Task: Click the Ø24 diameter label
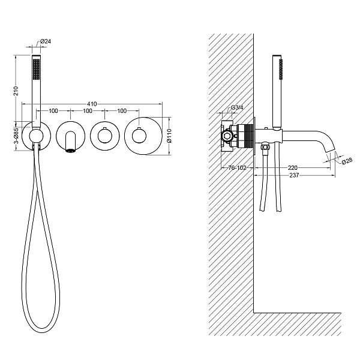pos(46,41)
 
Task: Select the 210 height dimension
pos(16,91)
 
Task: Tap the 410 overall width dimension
pos(92,104)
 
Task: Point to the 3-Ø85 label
pos(16,136)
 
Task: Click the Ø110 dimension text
pos(169,136)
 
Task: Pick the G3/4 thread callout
pos(237,107)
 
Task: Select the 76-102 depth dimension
pos(237,168)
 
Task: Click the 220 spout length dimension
pos(293,168)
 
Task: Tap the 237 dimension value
pos(294,175)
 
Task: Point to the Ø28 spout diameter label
pos(347,160)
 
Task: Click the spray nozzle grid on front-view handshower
pos(36,70)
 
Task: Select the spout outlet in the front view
pos(70,151)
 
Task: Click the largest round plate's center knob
pos(139,136)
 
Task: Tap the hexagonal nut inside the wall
pos(227,136)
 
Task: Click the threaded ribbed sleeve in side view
pos(247,136)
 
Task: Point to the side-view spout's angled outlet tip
pos(331,150)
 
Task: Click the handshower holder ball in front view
pos(36,136)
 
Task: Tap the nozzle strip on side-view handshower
pos(281,70)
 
